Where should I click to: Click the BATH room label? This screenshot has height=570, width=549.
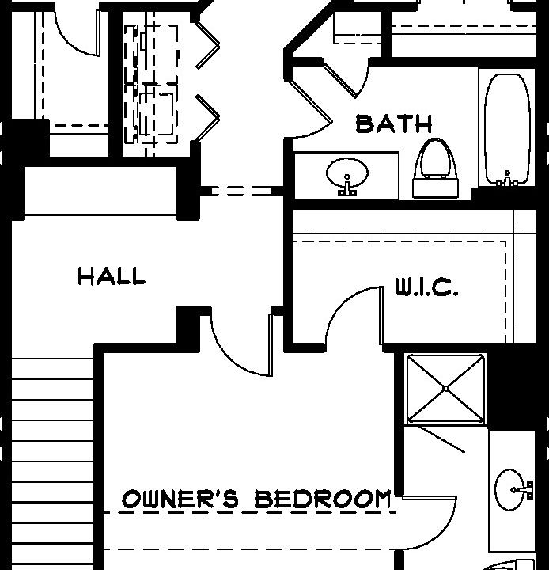tap(394, 123)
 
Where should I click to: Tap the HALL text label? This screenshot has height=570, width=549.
tap(112, 276)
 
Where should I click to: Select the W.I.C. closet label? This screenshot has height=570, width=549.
tap(426, 287)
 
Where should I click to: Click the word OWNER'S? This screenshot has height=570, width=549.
tap(180, 499)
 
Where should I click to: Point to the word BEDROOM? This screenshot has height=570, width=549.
tap(323, 499)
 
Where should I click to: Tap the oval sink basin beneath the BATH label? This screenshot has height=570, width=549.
tap(346, 171)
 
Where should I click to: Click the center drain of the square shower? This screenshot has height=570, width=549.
tap(446, 389)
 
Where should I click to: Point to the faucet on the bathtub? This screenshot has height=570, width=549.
tap(507, 181)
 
